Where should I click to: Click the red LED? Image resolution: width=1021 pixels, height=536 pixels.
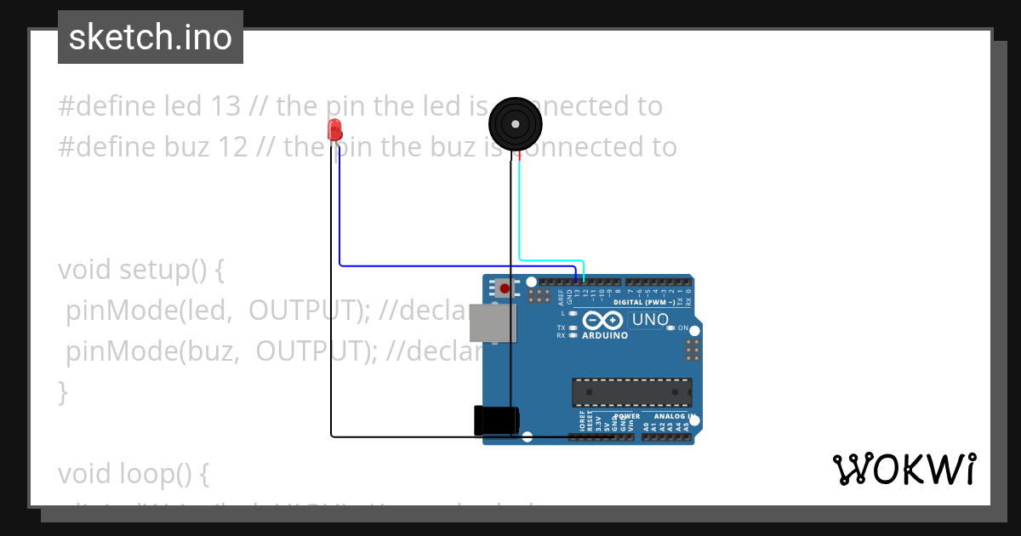tap(334, 130)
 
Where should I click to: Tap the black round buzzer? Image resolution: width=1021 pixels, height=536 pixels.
tap(515, 124)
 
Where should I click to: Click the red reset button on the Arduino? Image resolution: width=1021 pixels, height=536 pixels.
tap(505, 288)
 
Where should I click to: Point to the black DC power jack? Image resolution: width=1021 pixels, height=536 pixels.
tap(496, 419)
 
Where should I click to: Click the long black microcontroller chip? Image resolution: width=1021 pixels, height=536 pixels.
tap(631, 391)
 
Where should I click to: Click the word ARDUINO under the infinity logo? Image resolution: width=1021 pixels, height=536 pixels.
tap(605, 335)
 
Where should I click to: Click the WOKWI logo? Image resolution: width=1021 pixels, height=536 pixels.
tap(904, 469)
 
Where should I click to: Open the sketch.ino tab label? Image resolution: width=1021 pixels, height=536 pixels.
tap(151, 37)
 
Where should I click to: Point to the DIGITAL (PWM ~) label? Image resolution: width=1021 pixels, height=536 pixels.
tap(649, 302)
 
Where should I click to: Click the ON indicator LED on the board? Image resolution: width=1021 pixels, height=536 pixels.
tap(670, 328)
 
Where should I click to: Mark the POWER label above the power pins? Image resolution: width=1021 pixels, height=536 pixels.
tap(627, 416)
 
